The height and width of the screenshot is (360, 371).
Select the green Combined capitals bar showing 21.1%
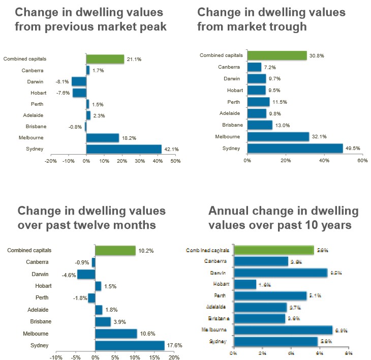click(105, 59)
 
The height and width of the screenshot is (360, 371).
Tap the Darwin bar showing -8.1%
click(79, 81)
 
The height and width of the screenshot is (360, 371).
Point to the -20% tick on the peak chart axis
click(51, 161)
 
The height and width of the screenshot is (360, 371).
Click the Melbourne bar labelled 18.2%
click(103, 138)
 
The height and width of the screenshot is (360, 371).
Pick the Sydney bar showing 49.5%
click(295, 148)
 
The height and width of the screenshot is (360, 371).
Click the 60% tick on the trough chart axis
click(362, 160)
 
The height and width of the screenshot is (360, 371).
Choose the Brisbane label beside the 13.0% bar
click(232, 125)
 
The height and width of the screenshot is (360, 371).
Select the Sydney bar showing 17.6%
click(130, 345)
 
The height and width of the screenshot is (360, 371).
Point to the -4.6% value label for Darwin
click(69, 275)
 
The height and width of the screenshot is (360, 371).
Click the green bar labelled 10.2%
click(115, 251)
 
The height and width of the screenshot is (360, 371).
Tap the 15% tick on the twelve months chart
click(154, 357)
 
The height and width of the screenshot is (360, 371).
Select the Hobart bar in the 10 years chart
click(245, 284)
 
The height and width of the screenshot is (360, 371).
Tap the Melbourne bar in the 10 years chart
click(283, 330)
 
